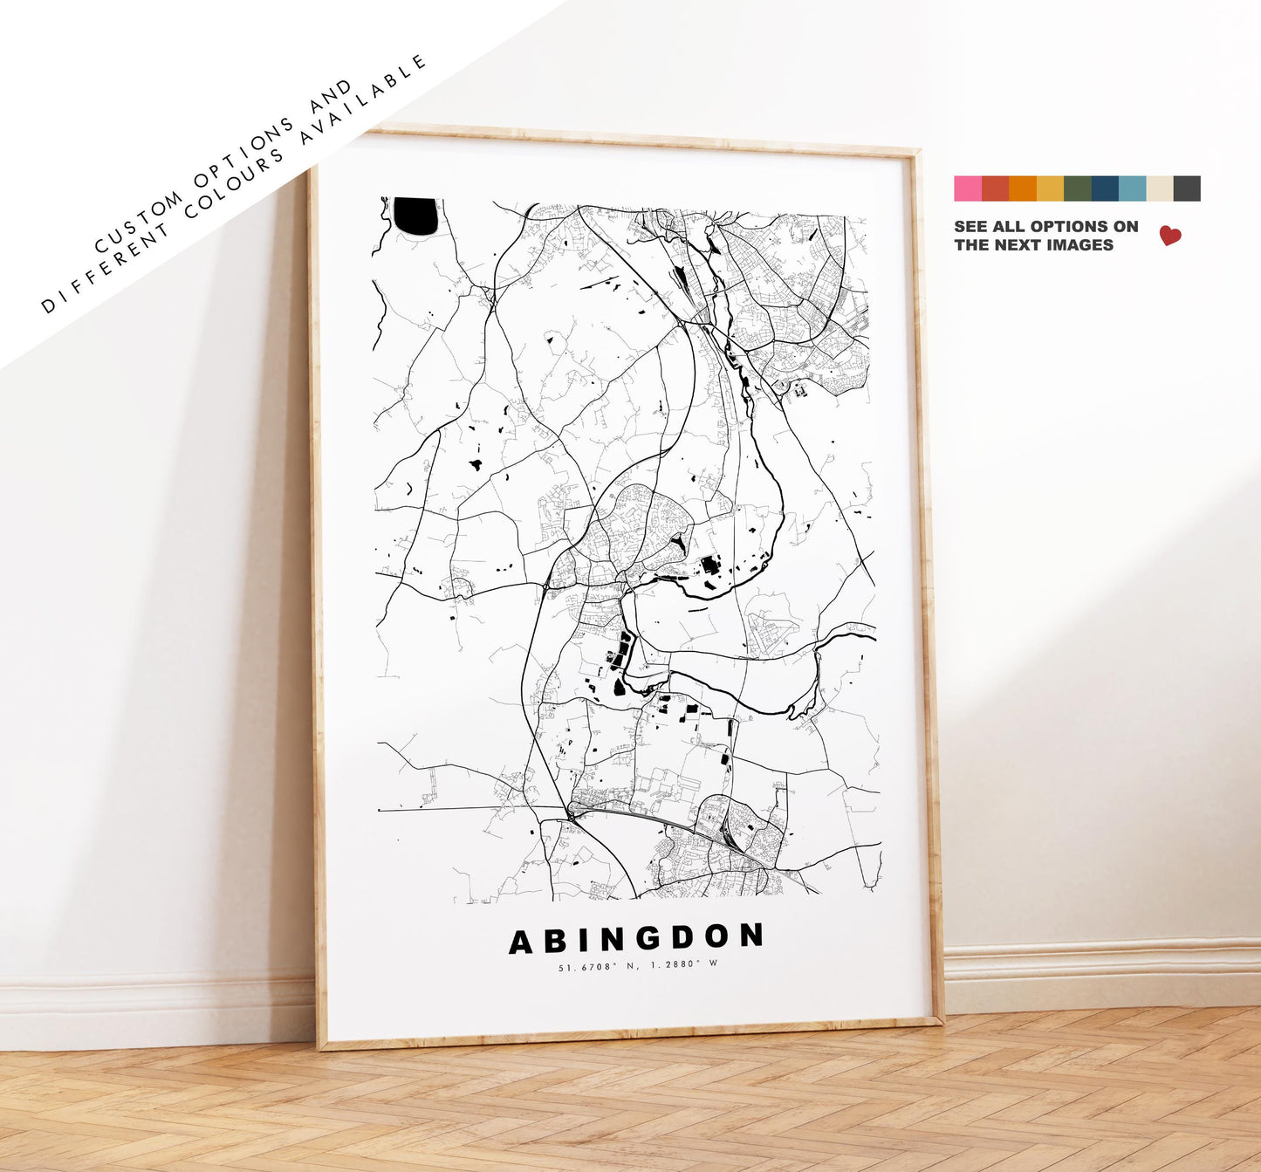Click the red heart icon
click(1169, 236)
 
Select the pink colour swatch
click(968, 188)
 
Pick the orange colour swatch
click(1023, 188)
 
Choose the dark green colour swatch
click(1078, 188)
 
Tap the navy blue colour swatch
click(1105, 188)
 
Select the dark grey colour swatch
click(1187, 188)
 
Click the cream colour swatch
click(1160, 188)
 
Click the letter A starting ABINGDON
click(521, 942)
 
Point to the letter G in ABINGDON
click(649, 939)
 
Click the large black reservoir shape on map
click(415, 215)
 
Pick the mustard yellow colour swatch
click(1050, 188)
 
